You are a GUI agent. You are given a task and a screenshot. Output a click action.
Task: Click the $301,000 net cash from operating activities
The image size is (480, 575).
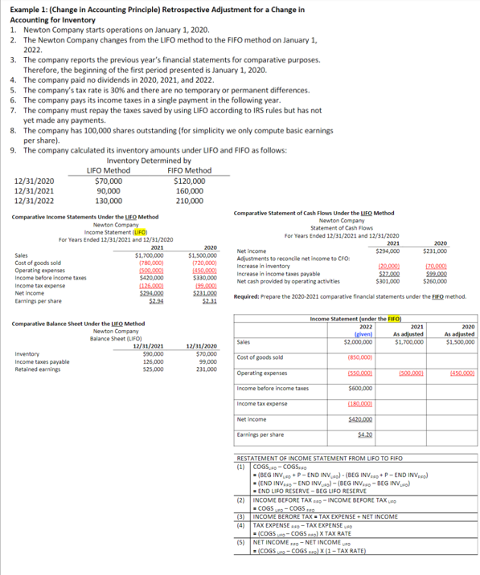click(x=389, y=282)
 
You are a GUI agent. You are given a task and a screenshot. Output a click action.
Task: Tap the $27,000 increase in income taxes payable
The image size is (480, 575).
click(x=390, y=274)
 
